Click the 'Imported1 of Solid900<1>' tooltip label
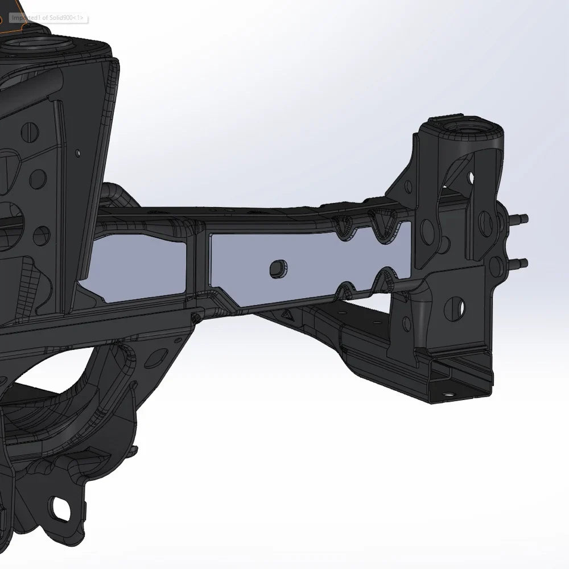[48, 18]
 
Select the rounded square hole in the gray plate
[278, 269]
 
